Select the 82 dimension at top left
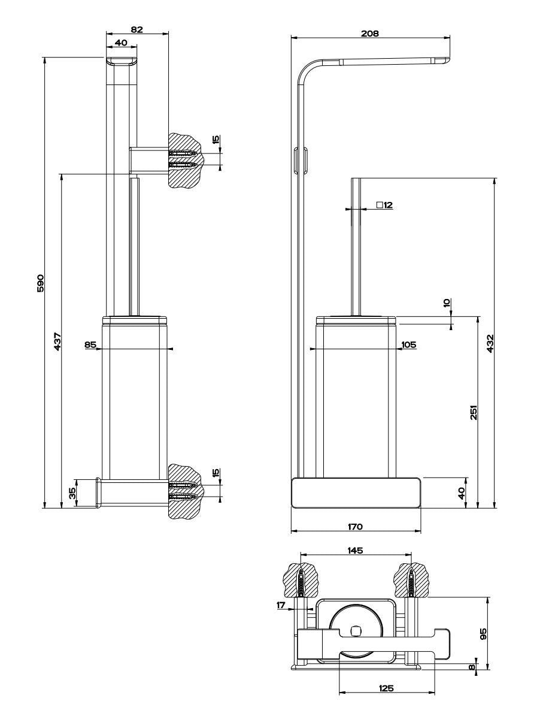click(136, 29)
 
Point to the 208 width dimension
click(370, 34)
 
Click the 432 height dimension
click(490, 343)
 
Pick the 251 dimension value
click(473, 412)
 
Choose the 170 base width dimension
click(356, 527)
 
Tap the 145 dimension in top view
click(356, 550)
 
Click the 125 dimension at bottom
click(386, 688)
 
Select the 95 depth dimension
click(483, 633)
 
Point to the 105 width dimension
click(409, 345)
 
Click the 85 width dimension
click(90, 345)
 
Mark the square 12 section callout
click(384, 205)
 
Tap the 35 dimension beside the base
click(72, 493)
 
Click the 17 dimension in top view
click(281, 605)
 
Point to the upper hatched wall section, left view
click(186, 159)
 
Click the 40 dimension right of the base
click(461, 492)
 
